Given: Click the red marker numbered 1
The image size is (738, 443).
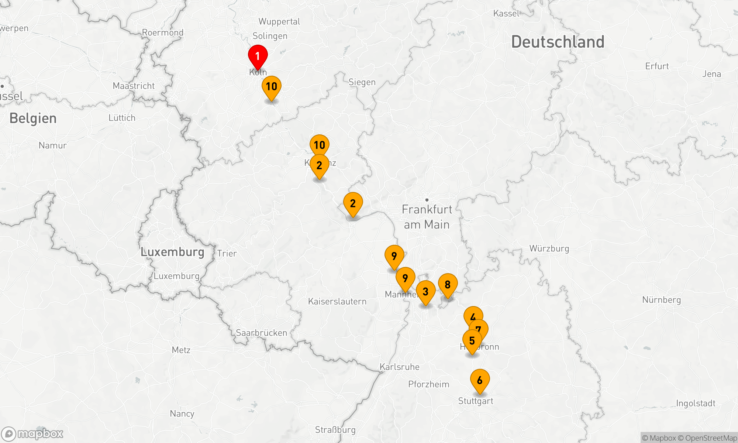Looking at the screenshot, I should (x=258, y=56).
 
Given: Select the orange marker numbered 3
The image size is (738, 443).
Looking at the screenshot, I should (x=425, y=292).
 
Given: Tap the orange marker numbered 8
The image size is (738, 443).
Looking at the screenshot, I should (x=448, y=285).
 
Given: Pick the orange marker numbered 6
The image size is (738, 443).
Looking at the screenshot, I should (x=480, y=380).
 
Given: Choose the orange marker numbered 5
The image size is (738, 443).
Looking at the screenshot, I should (x=472, y=341).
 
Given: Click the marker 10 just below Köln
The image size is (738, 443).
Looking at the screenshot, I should (x=271, y=87).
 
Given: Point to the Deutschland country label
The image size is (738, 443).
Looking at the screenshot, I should (x=558, y=42).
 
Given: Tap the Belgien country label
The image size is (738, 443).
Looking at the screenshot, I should (x=33, y=119).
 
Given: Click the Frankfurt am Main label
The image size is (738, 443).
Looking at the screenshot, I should (x=427, y=217).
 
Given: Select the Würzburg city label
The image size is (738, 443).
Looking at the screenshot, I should (x=549, y=248).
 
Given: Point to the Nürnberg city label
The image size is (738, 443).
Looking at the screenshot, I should (x=661, y=300).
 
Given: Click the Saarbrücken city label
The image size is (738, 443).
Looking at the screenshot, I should (x=261, y=333).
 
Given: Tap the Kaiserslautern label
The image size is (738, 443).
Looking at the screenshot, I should (x=337, y=301).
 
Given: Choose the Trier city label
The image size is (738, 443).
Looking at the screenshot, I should (x=227, y=253).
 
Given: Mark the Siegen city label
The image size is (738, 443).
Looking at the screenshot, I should (x=362, y=82).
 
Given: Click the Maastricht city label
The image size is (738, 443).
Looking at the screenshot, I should (x=134, y=86).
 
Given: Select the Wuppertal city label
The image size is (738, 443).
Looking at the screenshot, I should (x=279, y=21).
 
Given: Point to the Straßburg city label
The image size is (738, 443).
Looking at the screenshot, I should (x=335, y=430).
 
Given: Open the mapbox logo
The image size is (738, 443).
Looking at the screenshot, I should (x=32, y=433).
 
